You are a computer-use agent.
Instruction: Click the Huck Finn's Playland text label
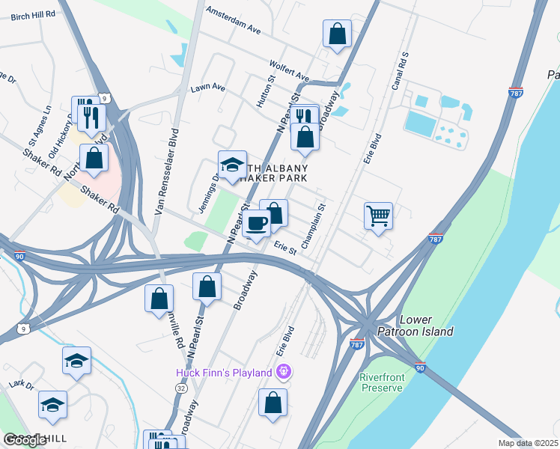[225, 372]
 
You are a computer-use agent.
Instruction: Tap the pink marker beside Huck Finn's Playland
[283, 371]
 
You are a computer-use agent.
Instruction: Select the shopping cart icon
[379, 216]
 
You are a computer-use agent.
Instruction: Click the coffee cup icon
[256, 223]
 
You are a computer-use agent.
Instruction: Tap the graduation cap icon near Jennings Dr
[233, 164]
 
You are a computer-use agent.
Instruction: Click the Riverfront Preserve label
[382, 382]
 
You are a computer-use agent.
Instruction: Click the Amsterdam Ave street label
[233, 22]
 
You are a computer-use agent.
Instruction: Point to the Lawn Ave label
[207, 88]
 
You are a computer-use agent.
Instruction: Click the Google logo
[25, 440]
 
